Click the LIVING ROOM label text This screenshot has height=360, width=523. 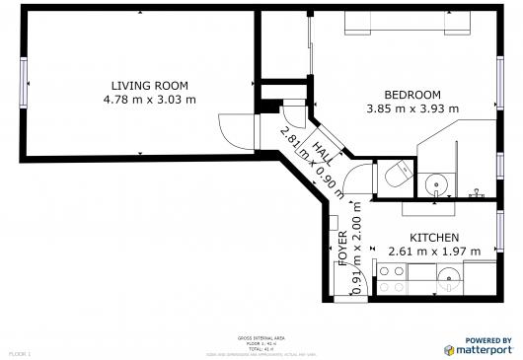[149, 86]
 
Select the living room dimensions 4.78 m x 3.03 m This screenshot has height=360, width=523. [149, 100]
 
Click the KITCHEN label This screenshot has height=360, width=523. [434, 238]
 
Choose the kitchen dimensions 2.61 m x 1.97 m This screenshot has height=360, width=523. [434, 252]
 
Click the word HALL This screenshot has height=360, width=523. [322, 151]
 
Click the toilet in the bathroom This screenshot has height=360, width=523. [398, 179]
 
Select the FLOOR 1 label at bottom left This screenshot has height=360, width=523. [20, 352]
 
